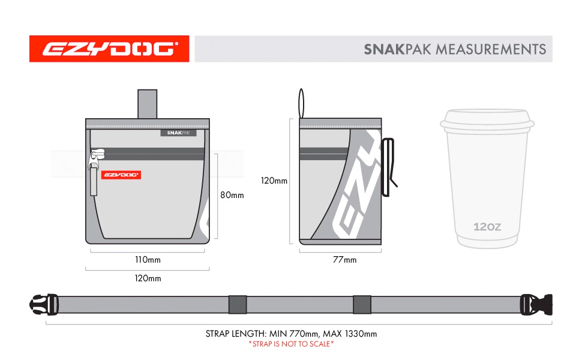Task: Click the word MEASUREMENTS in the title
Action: pos(491,49)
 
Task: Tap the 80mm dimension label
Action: pos(232,195)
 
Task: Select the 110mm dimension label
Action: pos(148,259)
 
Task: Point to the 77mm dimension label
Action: pos(344,259)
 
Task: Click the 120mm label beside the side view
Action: pos(274,181)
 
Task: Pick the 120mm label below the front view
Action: pos(148,278)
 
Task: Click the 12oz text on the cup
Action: pos(487,226)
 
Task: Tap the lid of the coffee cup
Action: pos(487,121)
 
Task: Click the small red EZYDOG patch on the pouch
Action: pos(121,175)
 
